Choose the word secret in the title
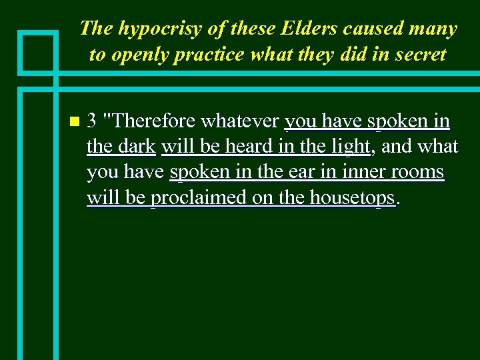[x=418, y=55]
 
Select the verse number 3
[x=93, y=121]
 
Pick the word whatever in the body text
[x=239, y=121]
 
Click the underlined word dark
[x=138, y=146]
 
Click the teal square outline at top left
[x=38, y=51]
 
